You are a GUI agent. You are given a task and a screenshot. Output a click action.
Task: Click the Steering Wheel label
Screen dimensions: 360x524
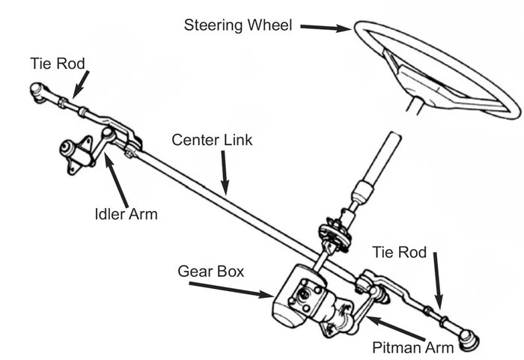tap(238, 24)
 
